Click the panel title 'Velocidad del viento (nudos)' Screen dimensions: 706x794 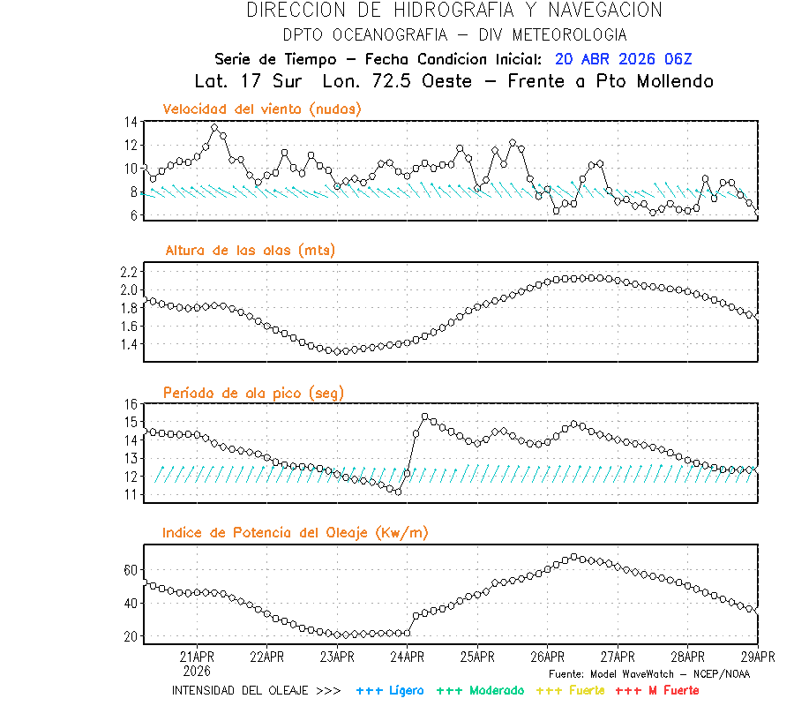(262, 109)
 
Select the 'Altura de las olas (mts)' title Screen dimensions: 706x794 (250, 251)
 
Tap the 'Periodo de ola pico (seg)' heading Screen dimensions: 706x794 (253, 392)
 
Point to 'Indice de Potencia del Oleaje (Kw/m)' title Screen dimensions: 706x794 (296, 532)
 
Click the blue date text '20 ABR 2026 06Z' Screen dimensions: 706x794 (624, 59)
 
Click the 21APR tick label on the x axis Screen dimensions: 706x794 (196, 656)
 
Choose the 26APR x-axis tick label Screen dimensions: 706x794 (547, 656)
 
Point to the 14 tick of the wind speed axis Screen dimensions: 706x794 (131, 122)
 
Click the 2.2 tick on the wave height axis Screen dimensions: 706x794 (128, 271)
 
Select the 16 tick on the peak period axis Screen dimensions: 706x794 (131, 404)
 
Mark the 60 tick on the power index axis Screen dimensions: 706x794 (130, 571)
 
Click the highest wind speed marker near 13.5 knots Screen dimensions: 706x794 (214, 128)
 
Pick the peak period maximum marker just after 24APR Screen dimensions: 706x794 (425, 417)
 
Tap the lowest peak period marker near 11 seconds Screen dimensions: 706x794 (398, 492)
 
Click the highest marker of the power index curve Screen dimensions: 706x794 (574, 557)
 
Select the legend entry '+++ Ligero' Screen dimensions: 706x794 (390, 689)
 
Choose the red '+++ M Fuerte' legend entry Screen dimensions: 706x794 (656, 689)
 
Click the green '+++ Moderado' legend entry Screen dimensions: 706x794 (480, 689)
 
